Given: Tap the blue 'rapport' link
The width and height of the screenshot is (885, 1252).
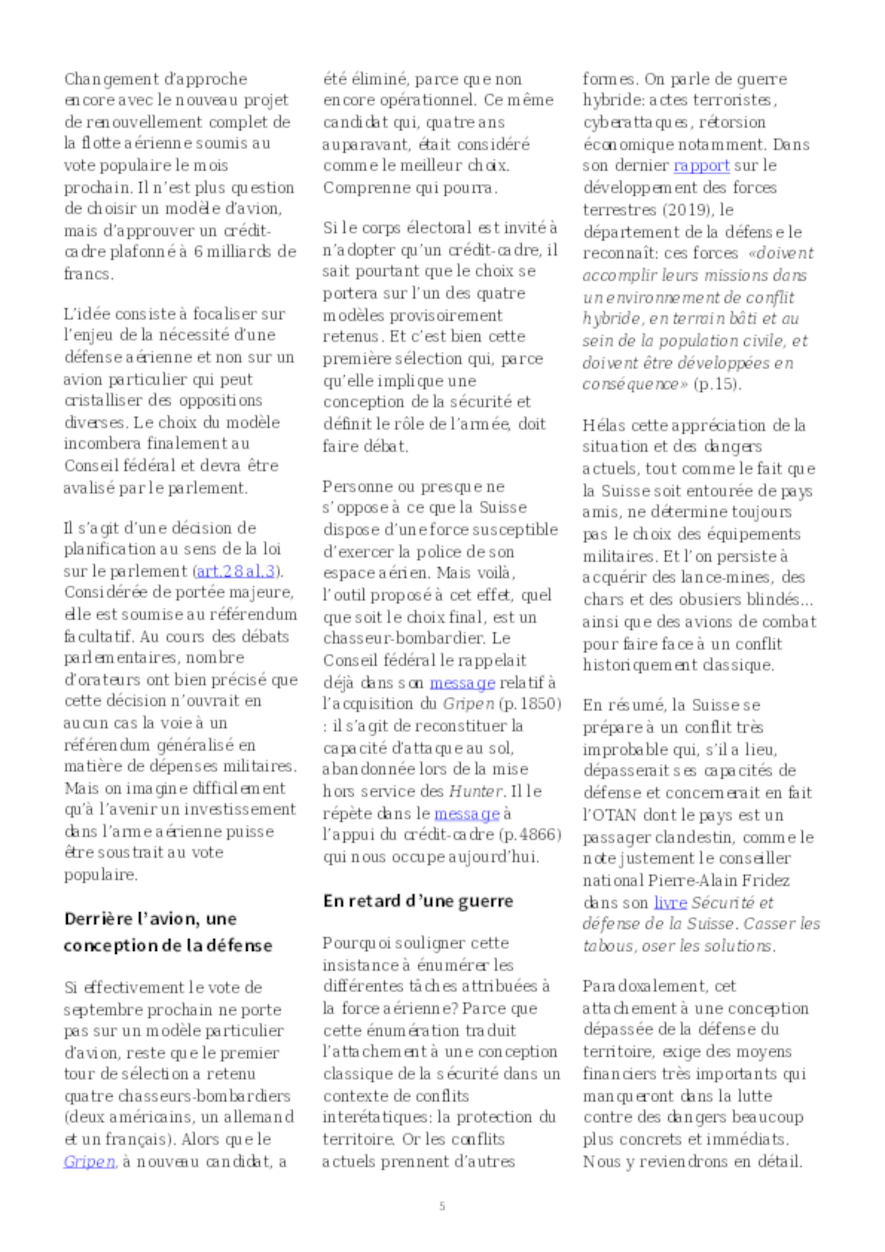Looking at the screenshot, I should (701, 165).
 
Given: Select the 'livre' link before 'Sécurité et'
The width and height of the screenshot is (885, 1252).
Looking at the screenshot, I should (670, 903).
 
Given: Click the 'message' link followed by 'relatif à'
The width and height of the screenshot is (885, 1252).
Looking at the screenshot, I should (462, 682).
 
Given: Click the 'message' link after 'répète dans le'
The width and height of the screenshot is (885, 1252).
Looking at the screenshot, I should (467, 814).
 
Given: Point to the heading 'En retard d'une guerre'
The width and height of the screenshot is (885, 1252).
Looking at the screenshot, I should (418, 900).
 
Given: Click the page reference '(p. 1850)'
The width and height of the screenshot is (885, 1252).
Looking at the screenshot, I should (530, 703).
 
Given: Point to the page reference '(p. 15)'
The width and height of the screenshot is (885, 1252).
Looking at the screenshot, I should (718, 384).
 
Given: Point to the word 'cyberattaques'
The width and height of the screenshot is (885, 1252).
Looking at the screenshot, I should (636, 122).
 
